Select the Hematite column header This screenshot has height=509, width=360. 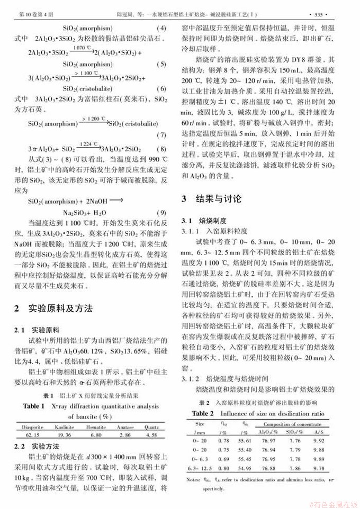tap(95, 426)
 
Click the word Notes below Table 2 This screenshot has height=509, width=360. tap(193, 480)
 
